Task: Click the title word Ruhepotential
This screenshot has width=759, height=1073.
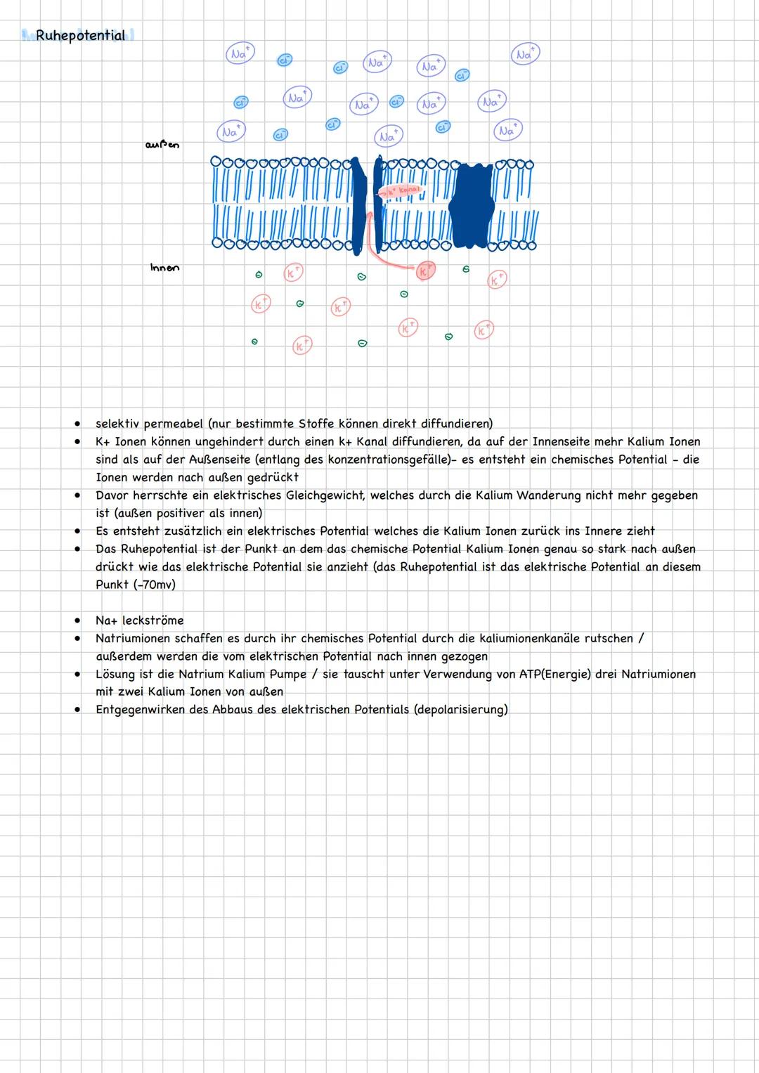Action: (80, 35)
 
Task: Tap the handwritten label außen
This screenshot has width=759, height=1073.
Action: (162, 145)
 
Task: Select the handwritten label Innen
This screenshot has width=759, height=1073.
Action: (164, 268)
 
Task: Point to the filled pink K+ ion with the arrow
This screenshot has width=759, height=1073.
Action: (425, 271)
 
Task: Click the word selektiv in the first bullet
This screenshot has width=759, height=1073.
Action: (117, 424)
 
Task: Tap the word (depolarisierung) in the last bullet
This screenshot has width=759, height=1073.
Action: (461, 710)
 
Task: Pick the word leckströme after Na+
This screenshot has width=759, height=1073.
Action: (153, 620)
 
